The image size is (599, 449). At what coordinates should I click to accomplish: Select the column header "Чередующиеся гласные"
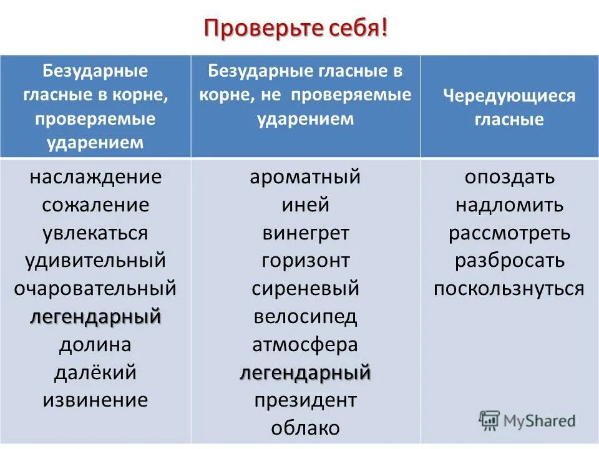pyautogui.click(x=509, y=107)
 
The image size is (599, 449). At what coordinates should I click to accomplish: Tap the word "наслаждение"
pyautogui.click(x=95, y=177)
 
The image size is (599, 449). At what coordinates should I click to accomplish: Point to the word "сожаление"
pyautogui.click(x=95, y=205)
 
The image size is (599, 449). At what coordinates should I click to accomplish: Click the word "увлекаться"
pyautogui.click(x=95, y=233)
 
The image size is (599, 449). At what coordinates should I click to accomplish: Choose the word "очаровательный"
pyautogui.click(x=95, y=289)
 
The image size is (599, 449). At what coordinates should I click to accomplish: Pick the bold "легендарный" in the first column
pyautogui.click(x=95, y=317)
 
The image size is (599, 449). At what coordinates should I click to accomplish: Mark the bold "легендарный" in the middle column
pyautogui.click(x=305, y=372)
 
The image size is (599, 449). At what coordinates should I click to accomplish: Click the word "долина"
pyautogui.click(x=95, y=344)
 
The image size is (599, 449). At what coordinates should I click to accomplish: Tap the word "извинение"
pyautogui.click(x=95, y=400)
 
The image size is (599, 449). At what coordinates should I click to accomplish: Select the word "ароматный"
pyautogui.click(x=305, y=177)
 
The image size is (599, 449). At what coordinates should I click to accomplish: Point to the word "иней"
pyautogui.click(x=305, y=205)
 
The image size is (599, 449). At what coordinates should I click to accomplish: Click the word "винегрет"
pyautogui.click(x=305, y=233)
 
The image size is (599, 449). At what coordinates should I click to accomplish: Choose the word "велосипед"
pyautogui.click(x=305, y=317)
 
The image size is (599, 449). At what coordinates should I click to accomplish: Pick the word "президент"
pyautogui.click(x=305, y=400)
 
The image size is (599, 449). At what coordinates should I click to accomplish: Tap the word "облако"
pyautogui.click(x=305, y=428)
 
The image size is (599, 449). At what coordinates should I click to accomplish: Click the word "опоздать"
pyautogui.click(x=509, y=177)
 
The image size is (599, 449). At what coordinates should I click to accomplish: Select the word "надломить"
pyautogui.click(x=509, y=205)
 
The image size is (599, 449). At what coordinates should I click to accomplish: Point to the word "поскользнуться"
pyautogui.click(x=509, y=289)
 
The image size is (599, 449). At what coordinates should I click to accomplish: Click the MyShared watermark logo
pyautogui.click(x=527, y=420)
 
